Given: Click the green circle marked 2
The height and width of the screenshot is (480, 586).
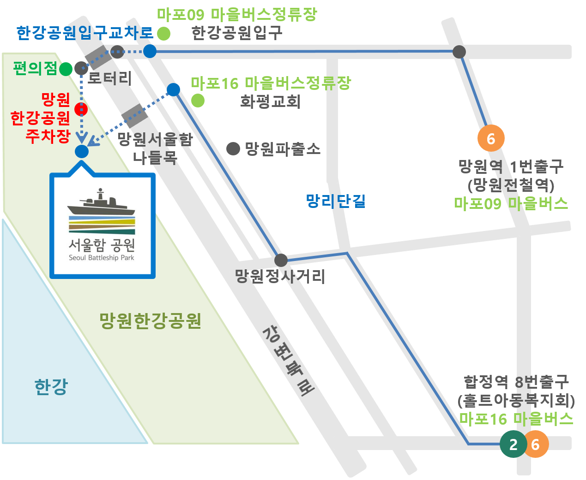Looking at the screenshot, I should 513,444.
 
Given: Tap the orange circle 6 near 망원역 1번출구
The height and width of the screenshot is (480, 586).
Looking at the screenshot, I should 490,138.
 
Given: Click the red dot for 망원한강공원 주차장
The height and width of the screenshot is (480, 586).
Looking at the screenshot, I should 81,109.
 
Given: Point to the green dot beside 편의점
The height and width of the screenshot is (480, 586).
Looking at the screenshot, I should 66,69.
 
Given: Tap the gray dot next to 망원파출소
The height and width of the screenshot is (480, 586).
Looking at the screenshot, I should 233,148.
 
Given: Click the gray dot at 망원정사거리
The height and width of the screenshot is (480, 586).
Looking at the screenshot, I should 281,260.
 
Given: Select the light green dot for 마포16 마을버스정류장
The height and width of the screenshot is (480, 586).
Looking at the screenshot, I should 198,100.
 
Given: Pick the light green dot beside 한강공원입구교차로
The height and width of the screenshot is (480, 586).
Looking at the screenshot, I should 163,34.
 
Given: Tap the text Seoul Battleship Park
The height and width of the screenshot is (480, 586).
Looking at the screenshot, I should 101,258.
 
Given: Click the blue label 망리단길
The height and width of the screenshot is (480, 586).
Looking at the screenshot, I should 336,201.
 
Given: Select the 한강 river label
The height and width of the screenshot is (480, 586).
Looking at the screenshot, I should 51,386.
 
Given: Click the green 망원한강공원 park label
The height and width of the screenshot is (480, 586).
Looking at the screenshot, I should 151,320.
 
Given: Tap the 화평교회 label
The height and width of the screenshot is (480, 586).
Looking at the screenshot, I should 270,101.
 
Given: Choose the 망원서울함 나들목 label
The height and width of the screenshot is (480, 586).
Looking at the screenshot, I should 155,148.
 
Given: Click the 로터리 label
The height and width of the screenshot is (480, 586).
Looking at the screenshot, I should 109,77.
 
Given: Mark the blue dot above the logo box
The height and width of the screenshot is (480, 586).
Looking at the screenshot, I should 81,151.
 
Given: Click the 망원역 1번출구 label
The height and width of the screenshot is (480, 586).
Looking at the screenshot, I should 511,166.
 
